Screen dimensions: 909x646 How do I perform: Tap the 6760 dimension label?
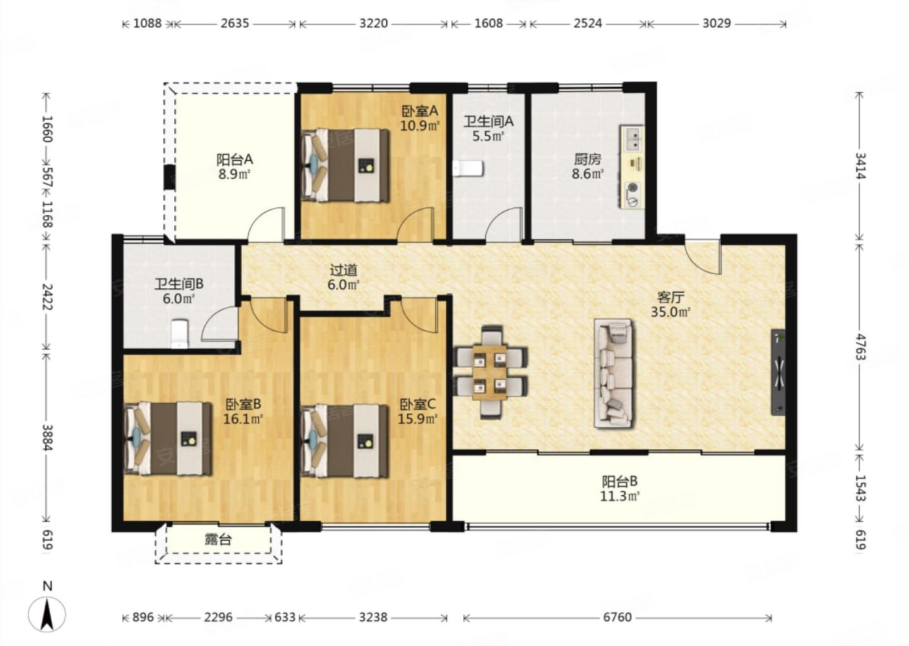coord(617,617)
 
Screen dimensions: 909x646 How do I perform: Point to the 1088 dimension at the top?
coord(147,23)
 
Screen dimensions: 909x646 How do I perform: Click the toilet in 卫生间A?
coord(468,168)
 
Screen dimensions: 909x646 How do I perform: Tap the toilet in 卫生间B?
coord(180,334)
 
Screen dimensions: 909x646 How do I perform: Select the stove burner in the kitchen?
coord(633,194)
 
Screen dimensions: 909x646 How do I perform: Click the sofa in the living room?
coord(613,373)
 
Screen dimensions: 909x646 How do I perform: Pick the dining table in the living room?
coord(491,372)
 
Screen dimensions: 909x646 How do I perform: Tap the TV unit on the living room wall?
coord(778,372)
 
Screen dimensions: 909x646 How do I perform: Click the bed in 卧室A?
coord(345,165)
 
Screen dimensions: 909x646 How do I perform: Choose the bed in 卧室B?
coord(168,438)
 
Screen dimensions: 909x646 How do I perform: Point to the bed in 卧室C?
coord(344,440)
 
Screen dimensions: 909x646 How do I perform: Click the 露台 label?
coord(218,540)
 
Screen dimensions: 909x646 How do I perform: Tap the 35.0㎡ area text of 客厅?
coord(671,312)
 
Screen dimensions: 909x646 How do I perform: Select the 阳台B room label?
coord(620,481)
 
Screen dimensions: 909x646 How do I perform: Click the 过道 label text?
coord(343,269)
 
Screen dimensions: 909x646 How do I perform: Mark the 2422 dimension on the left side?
coord(48,297)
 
